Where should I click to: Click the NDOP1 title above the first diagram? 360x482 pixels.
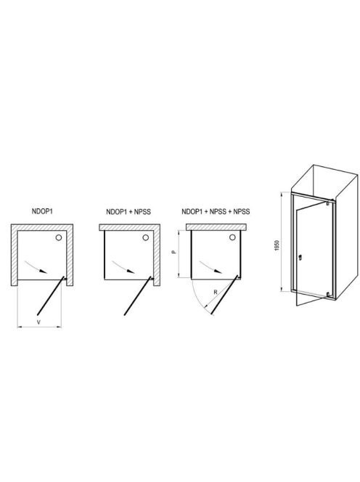[x=42, y=211]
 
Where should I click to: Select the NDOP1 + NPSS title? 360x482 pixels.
[x=128, y=212]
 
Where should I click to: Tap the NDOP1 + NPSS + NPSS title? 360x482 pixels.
[x=216, y=211]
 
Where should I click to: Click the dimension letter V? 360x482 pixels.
[x=38, y=322]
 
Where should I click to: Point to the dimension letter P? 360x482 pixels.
[x=174, y=252]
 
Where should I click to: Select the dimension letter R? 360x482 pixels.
[x=216, y=292]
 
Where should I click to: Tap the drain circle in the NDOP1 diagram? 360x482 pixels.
[x=59, y=237]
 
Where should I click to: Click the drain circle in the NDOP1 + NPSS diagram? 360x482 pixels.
[x=146, y=237]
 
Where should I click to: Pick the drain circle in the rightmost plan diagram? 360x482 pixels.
[x=233, y=237]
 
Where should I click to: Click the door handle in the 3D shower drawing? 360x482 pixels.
[x=300, y=257]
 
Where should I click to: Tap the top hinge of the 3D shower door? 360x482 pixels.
[x=328, y=203]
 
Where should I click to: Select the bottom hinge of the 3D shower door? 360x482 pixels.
[x=329, y=295]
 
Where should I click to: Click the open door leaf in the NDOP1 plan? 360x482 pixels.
[x=51, y=295]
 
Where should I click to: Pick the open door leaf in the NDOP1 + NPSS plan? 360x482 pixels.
[x=138, y=295]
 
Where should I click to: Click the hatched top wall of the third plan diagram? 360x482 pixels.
[x=217, y=226]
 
